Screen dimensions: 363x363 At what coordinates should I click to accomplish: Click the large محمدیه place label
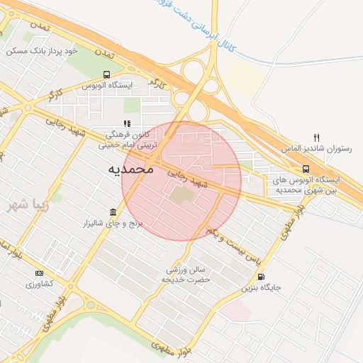coord(130,170)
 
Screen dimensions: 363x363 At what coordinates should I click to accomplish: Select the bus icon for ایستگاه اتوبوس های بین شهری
coord(306,169)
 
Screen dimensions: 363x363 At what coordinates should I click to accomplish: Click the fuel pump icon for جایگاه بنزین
coord(261,277)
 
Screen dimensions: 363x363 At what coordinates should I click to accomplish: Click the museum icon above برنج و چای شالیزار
coord(113,213)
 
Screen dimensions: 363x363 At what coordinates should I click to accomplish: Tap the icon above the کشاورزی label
coord(38,273)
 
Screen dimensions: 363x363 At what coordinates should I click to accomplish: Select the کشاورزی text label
coord(39,284)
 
